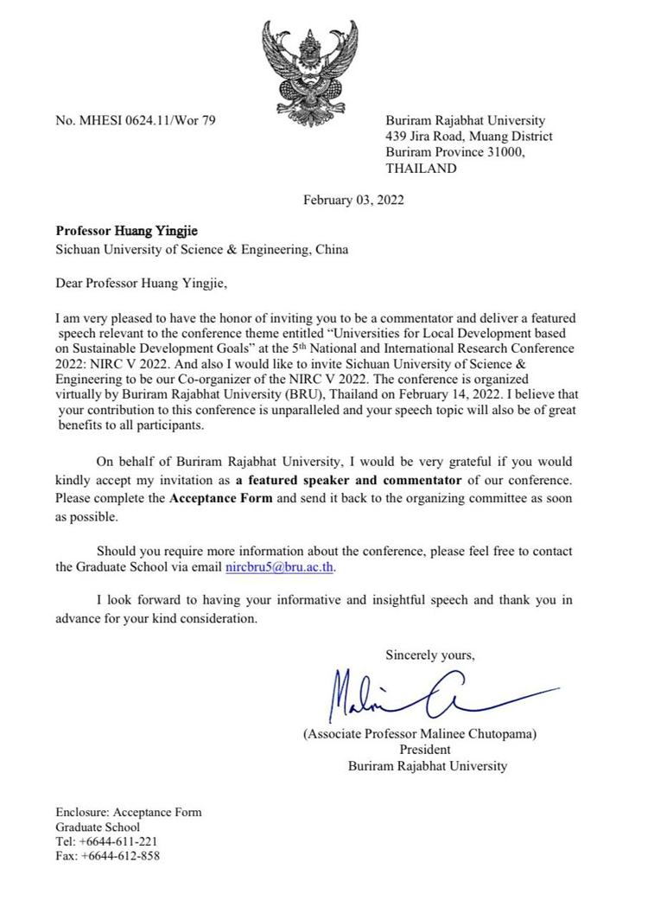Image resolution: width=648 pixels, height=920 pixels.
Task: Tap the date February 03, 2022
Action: pos(353,201)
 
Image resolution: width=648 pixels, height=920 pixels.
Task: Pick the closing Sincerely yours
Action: pos(430,654)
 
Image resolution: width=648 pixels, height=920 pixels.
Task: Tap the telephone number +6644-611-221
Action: pos(118,841)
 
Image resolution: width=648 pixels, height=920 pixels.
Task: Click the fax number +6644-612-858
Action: pos(119,857)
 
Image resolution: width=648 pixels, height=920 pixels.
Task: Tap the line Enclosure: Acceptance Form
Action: pos(129,812)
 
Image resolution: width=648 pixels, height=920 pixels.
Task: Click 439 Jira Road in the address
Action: pos(424,137)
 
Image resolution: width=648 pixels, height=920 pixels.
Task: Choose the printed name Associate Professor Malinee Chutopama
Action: pos(420,734)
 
